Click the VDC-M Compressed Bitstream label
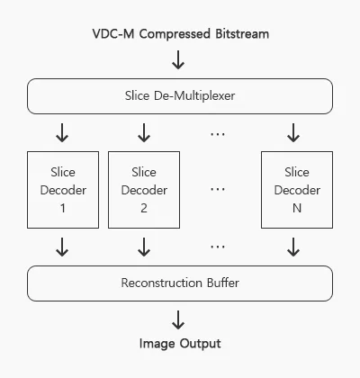[x=181, y=33]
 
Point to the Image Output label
[x=180, y=344]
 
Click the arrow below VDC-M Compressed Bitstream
[x=178, y=59]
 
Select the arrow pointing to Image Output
[x=178, y=320]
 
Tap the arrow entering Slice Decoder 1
[x=62, y=132]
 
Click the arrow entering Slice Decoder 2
[x=144, y=132]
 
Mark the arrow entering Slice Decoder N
[x=293, y=132]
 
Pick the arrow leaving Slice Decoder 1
[x=62, y=247]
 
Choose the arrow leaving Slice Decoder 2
[x=144, y=247]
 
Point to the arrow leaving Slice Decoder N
[x=293, y=247]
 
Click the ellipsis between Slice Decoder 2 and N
[x=218, y=190]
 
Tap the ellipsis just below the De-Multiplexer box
[x=218, y=134]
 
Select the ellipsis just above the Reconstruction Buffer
[x=218, y=247]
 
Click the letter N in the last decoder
[x=297, y=208]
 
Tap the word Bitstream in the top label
[x=242, y=33]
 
